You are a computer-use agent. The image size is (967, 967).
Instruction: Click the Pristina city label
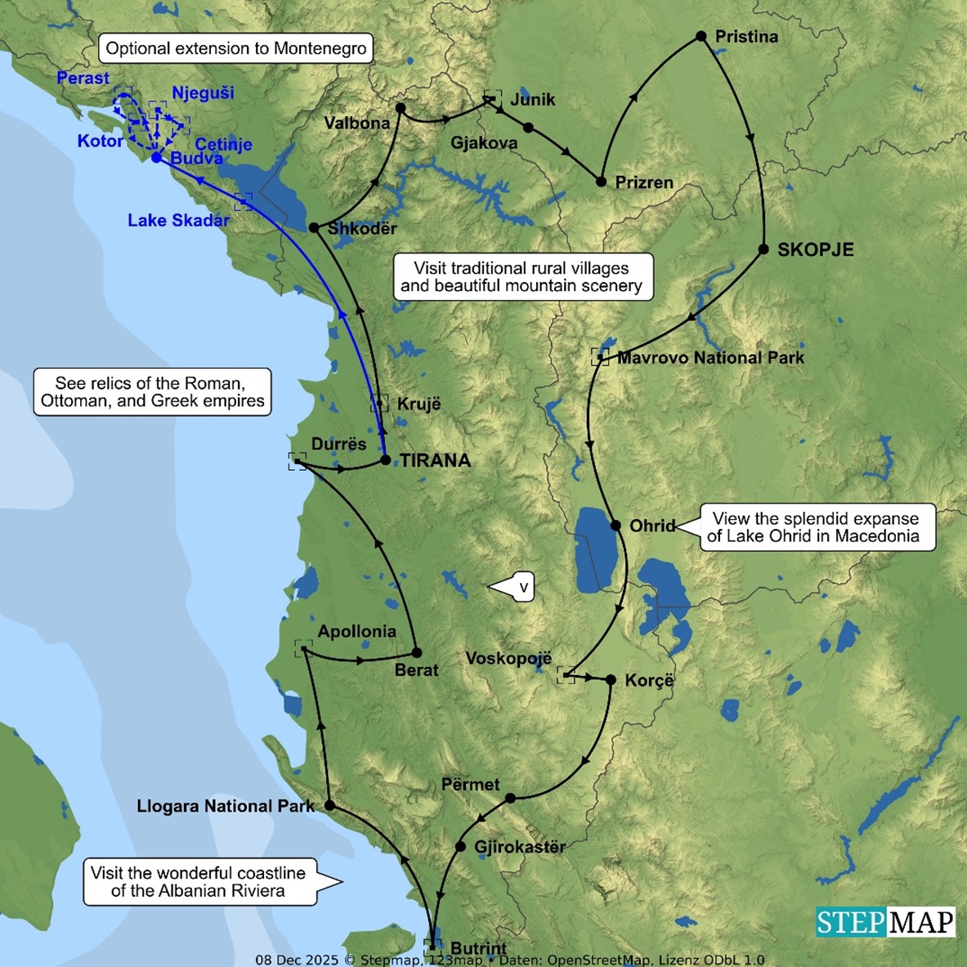coord(745,37)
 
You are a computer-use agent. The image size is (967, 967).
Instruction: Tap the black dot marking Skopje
coord(763,249)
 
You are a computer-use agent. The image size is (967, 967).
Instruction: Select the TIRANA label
coord(435,461)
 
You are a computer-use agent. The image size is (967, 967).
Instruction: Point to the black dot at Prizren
coord(601,181)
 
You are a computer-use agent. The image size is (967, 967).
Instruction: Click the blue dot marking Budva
coord(156,157)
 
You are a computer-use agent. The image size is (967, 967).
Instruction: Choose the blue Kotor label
coord(100,141)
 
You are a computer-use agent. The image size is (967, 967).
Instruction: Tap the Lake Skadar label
coord(178,221)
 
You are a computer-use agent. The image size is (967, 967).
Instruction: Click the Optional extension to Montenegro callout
coord(236,48)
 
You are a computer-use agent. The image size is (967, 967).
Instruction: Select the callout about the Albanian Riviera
coord(199,882)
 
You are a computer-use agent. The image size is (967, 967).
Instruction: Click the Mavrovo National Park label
coord(710,358)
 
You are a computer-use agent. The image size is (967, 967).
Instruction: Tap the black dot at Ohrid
coord(616,525)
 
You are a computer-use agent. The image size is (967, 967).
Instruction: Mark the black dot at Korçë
coord(611,679)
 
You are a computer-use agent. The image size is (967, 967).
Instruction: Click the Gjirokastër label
coord(520,847)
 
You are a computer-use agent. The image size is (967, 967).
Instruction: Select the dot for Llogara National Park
coord(329,805)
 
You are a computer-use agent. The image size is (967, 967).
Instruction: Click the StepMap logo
coord(885,922)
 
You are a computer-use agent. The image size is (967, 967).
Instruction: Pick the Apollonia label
coord(356,632)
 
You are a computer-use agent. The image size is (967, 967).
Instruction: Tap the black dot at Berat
coord(416,652)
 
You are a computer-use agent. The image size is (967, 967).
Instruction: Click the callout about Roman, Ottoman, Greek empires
coord(153,392)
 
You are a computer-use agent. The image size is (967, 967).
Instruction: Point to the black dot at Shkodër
coord(314,228)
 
